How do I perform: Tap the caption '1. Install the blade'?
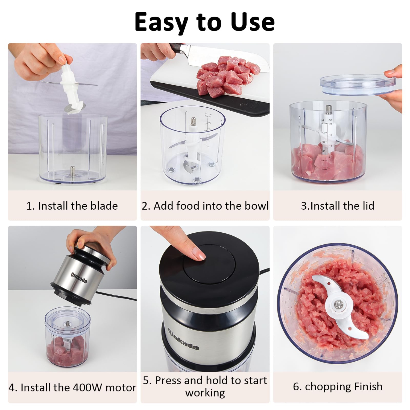[x=72, y=206]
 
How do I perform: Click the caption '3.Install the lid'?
[x=338, y=206]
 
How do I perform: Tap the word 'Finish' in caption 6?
[x=368, y=386]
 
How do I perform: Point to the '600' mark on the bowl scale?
[x=323, y=124]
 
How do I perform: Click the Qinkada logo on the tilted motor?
[x=79, y=278]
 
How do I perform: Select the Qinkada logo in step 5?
[x=183, y=339]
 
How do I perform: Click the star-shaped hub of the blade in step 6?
[x=339, y=304]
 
